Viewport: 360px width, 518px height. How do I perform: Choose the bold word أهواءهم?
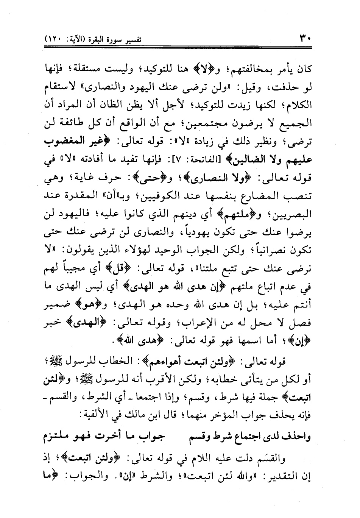[187, 361]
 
